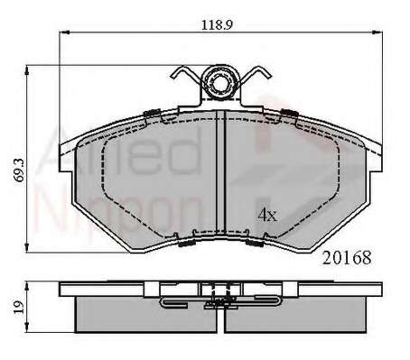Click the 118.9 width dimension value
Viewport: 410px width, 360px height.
[x=217, y=24]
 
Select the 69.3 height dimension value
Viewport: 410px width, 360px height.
[x=20, y=170]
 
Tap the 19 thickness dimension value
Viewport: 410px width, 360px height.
[x=19, y=307]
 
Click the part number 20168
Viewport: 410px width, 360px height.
[x=347, y=258]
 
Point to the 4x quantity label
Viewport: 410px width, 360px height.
[x=267, y=215]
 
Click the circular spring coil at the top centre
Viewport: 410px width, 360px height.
[x=220, y=81]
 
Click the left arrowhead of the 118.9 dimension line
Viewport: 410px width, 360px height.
[x=64, y=32]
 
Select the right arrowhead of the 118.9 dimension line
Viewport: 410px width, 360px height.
[x=377, y=32]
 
